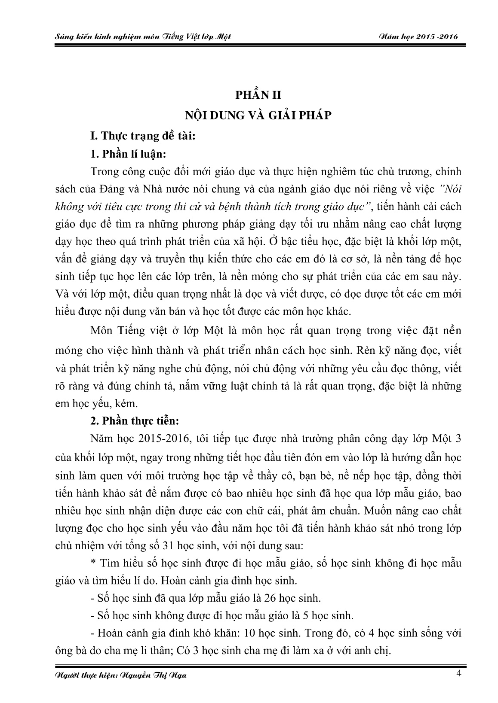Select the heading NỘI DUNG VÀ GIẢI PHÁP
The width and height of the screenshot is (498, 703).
pos(258,115)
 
